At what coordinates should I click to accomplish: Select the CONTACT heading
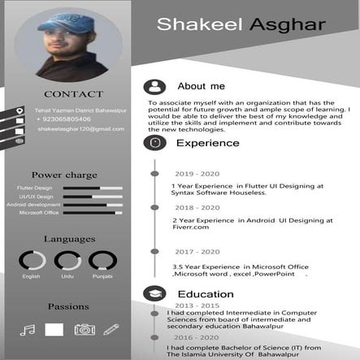tap(74, 94)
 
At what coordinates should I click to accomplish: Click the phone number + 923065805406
tap(63, 119)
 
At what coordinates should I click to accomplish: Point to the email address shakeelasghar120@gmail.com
tap(80, 129)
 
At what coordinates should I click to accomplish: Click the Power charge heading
tap(64, 175)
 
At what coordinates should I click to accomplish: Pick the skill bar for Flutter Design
tap(93, 189)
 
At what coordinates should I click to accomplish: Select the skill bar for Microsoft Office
tap(93, 213)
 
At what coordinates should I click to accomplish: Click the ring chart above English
tap(32, 261)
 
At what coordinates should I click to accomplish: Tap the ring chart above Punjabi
tap(102, 261)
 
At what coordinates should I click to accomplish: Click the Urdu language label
tap(67, 277)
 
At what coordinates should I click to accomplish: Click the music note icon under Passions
tap(28, 330)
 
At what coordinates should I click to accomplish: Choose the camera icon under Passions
tap(85, 329)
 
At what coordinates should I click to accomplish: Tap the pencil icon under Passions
tap(111, 329)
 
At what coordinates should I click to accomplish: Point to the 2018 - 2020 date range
tap(197, 208)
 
